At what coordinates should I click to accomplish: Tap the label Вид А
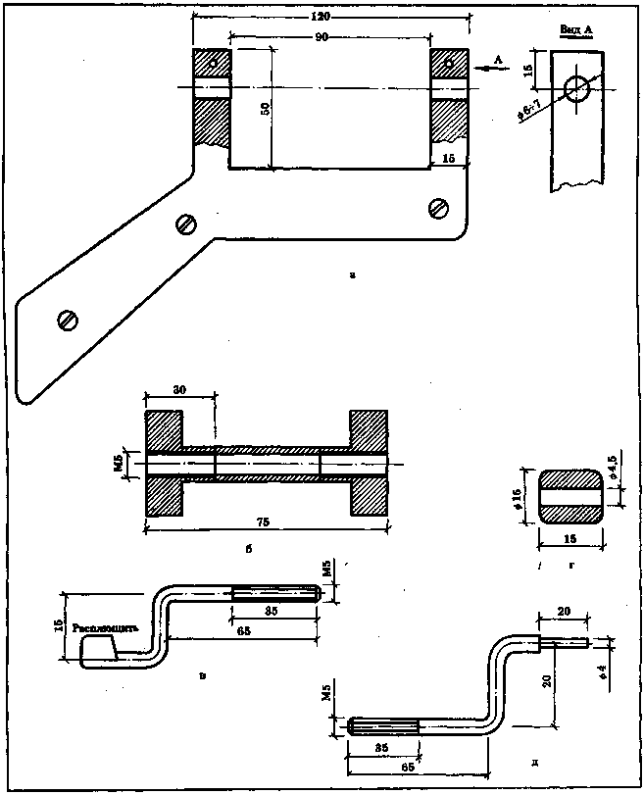(x=577, y=31)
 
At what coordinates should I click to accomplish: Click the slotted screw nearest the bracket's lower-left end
(x=68, y=319)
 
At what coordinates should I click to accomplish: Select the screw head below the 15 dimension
(x=438, y=207)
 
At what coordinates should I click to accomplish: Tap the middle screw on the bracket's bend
(x=185, y=224)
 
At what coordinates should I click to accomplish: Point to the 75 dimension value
(x=263, y=521)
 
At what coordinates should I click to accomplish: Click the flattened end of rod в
(x=98, y=647)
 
